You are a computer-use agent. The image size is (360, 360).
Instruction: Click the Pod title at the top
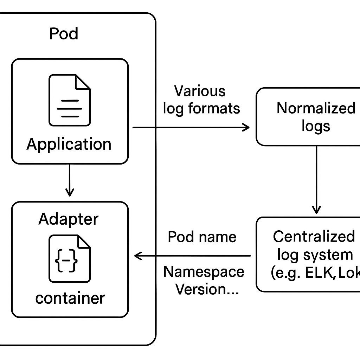click(64, 34)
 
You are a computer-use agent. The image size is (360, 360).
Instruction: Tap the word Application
click(69, 144)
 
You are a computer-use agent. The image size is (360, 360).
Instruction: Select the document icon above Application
click(70, 100)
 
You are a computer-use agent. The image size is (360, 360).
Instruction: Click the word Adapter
click(69, 219)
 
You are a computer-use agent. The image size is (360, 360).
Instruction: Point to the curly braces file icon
click(70, 258)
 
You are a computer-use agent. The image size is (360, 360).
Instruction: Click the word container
click(70, 298)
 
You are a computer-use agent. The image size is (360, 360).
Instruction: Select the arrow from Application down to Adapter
click(70, 180)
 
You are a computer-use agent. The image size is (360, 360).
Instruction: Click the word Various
click(200, 91)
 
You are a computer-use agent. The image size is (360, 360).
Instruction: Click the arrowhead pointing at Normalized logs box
click(246, 127)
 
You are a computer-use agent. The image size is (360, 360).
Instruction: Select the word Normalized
click(316, 108)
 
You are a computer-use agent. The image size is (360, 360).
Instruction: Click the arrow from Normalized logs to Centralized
click(316, 180)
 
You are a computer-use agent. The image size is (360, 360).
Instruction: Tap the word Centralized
click(314, 236)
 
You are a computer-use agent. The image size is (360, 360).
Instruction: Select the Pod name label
click(202, 237)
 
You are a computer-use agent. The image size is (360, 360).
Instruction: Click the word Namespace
click(204, 272)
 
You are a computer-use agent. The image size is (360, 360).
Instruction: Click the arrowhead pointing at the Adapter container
click(137, 256)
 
